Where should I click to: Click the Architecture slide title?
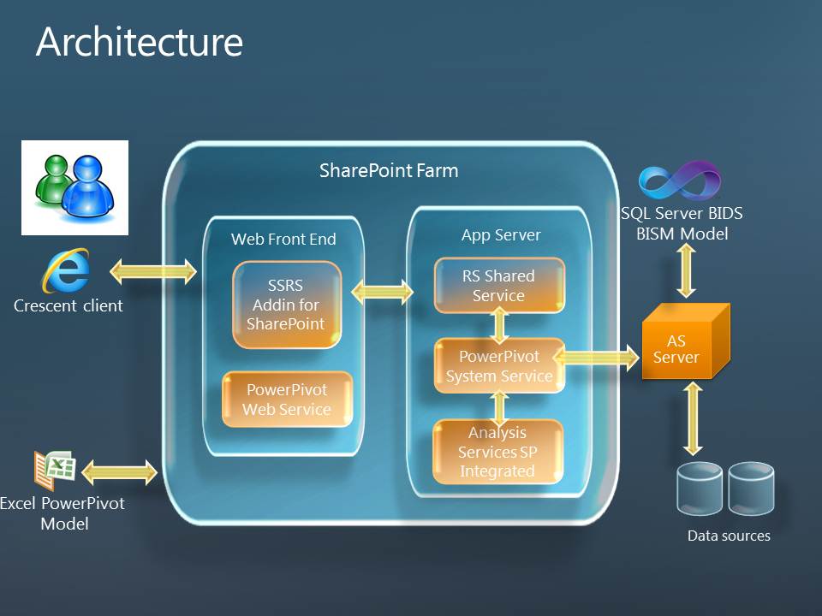click(140, 42)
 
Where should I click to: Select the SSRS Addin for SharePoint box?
click(287, 305)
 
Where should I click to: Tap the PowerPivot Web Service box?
click(288, 400)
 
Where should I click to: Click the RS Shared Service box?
click(499, 286)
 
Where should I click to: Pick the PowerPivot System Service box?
click(499, 365)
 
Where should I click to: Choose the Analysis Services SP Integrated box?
click(497, 452)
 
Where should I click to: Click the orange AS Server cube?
click(686, 341)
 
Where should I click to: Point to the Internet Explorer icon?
click(66, 271)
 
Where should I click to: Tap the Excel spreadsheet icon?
click(55, 470)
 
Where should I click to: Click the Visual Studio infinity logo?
click(680, 181)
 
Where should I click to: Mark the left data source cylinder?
click(700, 489)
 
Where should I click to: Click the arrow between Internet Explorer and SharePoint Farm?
click(153, 271)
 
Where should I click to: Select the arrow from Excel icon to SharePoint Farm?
click(120, 472)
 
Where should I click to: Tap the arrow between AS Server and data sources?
click(693, 418)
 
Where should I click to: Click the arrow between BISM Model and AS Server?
click(686, 271)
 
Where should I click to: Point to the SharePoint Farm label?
click(389, 171)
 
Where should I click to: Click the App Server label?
click(501, 235)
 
